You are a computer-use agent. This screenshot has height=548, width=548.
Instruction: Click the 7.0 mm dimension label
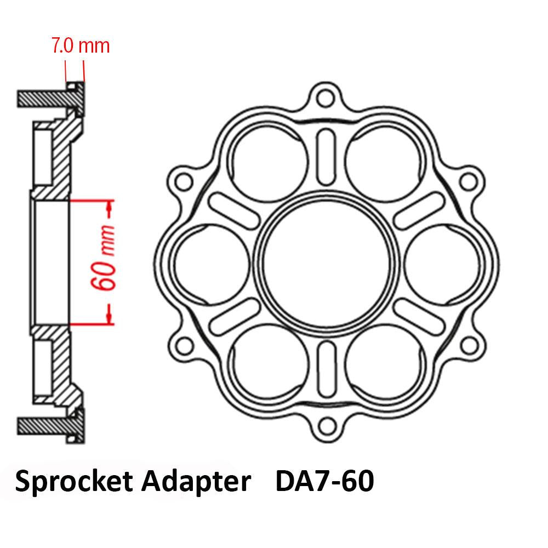click(80, 45)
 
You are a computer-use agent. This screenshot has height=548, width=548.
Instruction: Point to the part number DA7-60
click(324, 482)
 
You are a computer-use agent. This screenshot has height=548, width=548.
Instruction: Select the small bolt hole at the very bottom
click(327, 423)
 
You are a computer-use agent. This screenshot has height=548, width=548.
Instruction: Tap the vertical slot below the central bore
click(327, 366)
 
